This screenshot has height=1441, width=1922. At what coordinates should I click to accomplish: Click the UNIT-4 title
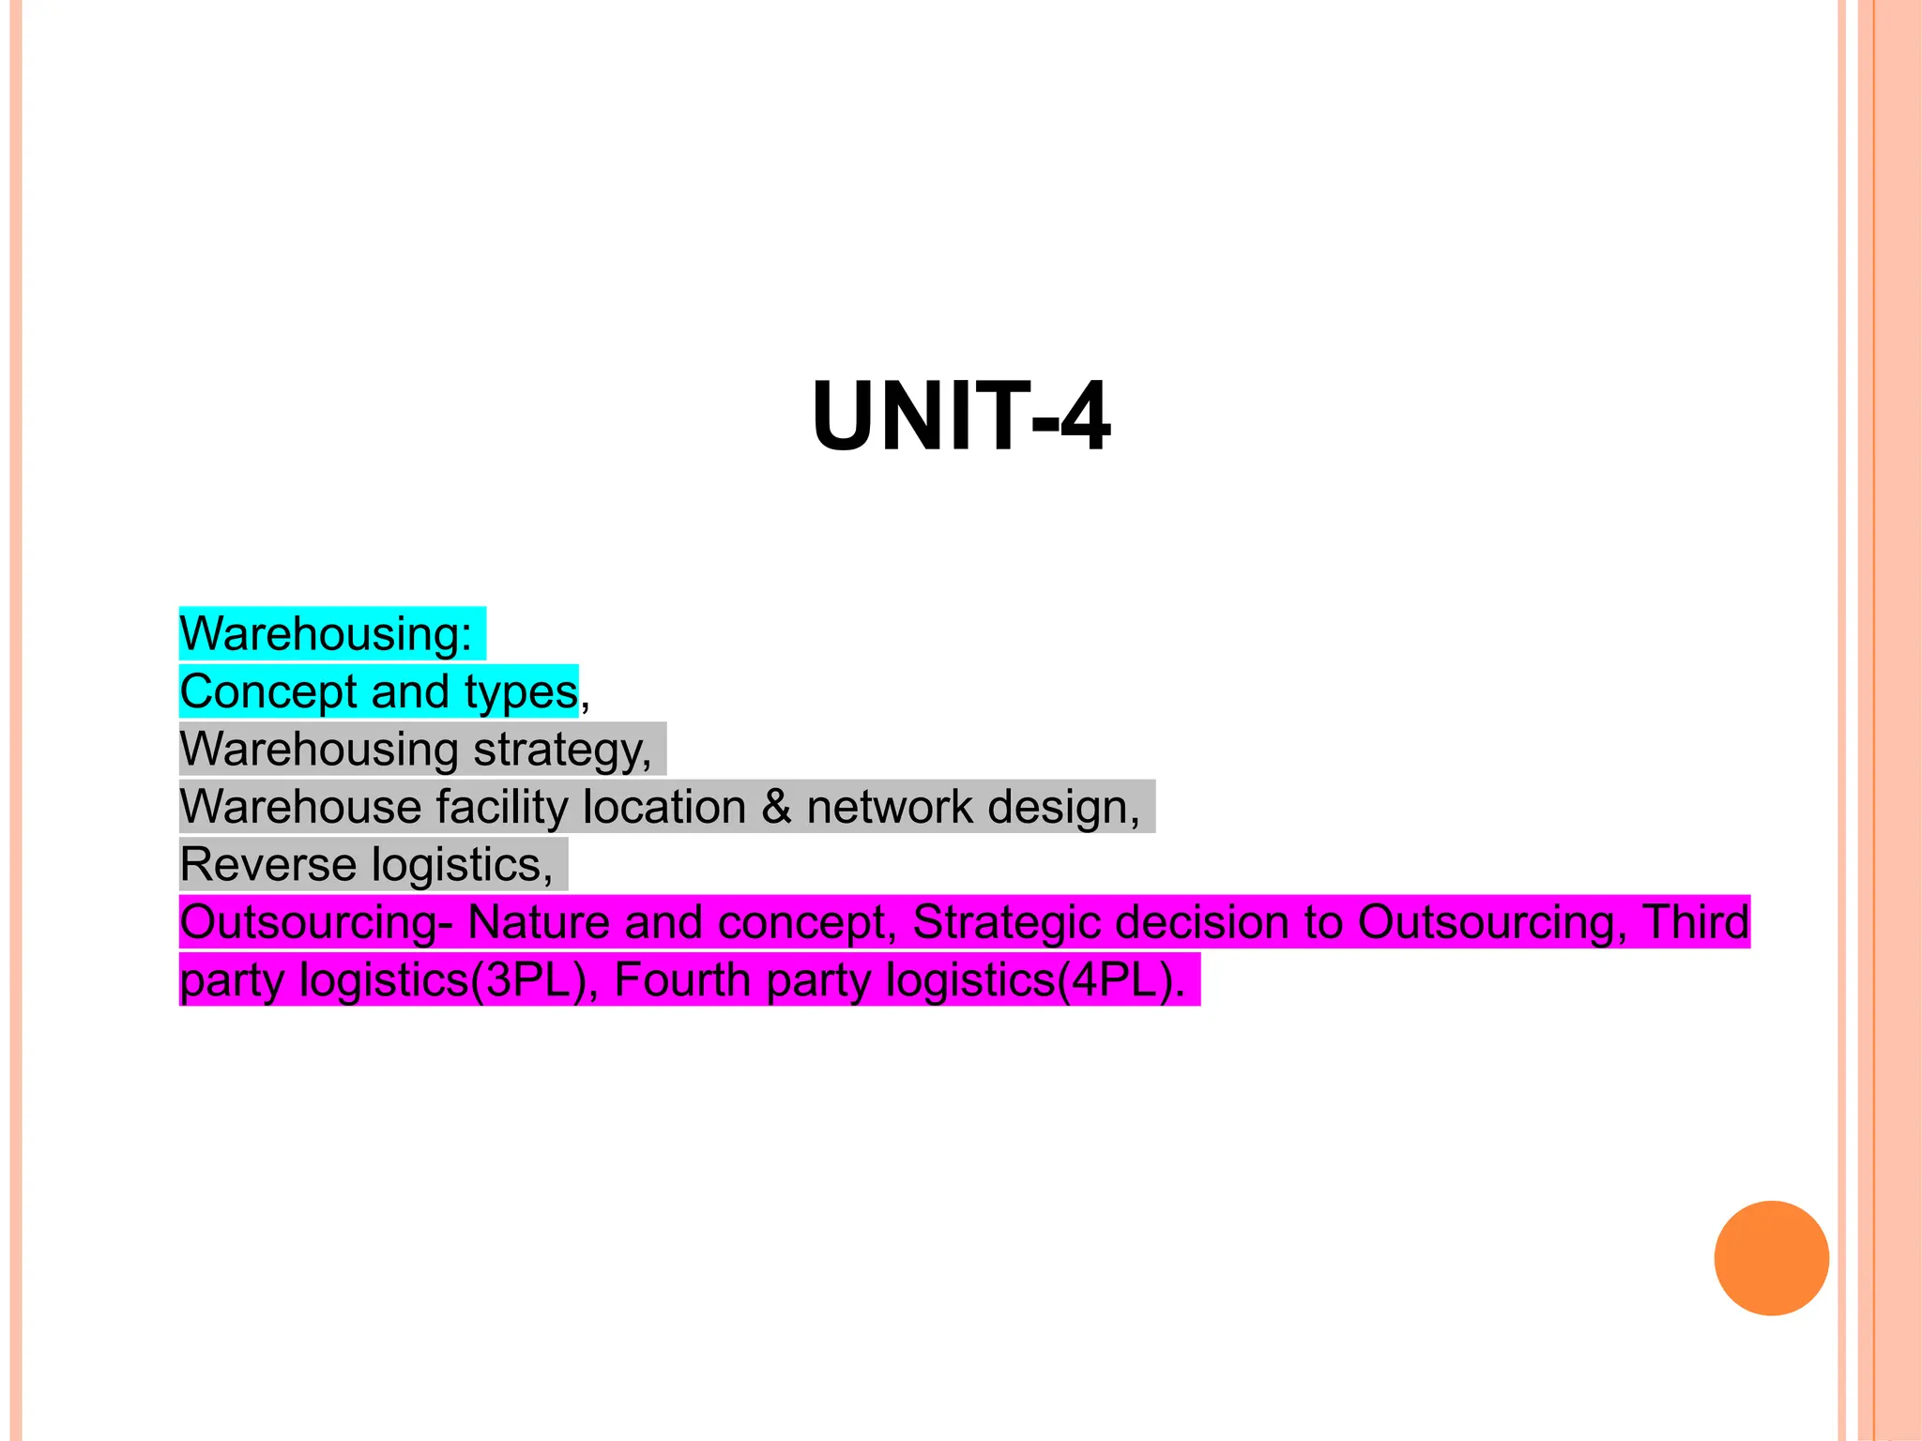pos(961,417)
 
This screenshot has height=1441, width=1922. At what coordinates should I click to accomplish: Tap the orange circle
pos(1771,1258)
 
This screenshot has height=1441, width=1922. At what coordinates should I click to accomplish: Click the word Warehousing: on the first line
pos(326,634)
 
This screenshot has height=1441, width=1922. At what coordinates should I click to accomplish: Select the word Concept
pos(268,692)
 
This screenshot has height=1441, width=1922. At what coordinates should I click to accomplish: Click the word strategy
pos(562,751)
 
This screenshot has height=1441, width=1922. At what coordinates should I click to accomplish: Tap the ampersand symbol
pos(776,808)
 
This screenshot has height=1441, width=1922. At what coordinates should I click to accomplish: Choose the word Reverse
pos(266,865)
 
